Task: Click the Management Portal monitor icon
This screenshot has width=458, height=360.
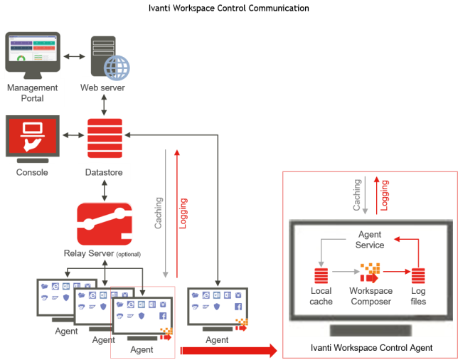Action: pyautogui.click(x=32, y=53)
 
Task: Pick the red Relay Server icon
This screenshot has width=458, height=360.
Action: pyautogui.click(x=105, y=223)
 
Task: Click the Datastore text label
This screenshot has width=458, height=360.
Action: pyautogui.click(x=105, y=173)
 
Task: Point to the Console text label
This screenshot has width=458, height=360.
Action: pyautogui.click(x=32, y=172)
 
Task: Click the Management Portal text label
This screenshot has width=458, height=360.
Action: pyautogui.click(x=32, y=93)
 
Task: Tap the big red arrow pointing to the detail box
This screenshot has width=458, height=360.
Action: pyautogui.click(x=228, y=350)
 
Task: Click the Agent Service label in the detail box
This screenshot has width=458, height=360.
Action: pyautogui.click(x=370, y=240)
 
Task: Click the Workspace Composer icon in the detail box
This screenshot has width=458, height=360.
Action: pyautogui.click(x=370, y=273)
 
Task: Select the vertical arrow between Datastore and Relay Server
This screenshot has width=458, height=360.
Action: pyautogui.click(x=105, y=190)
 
